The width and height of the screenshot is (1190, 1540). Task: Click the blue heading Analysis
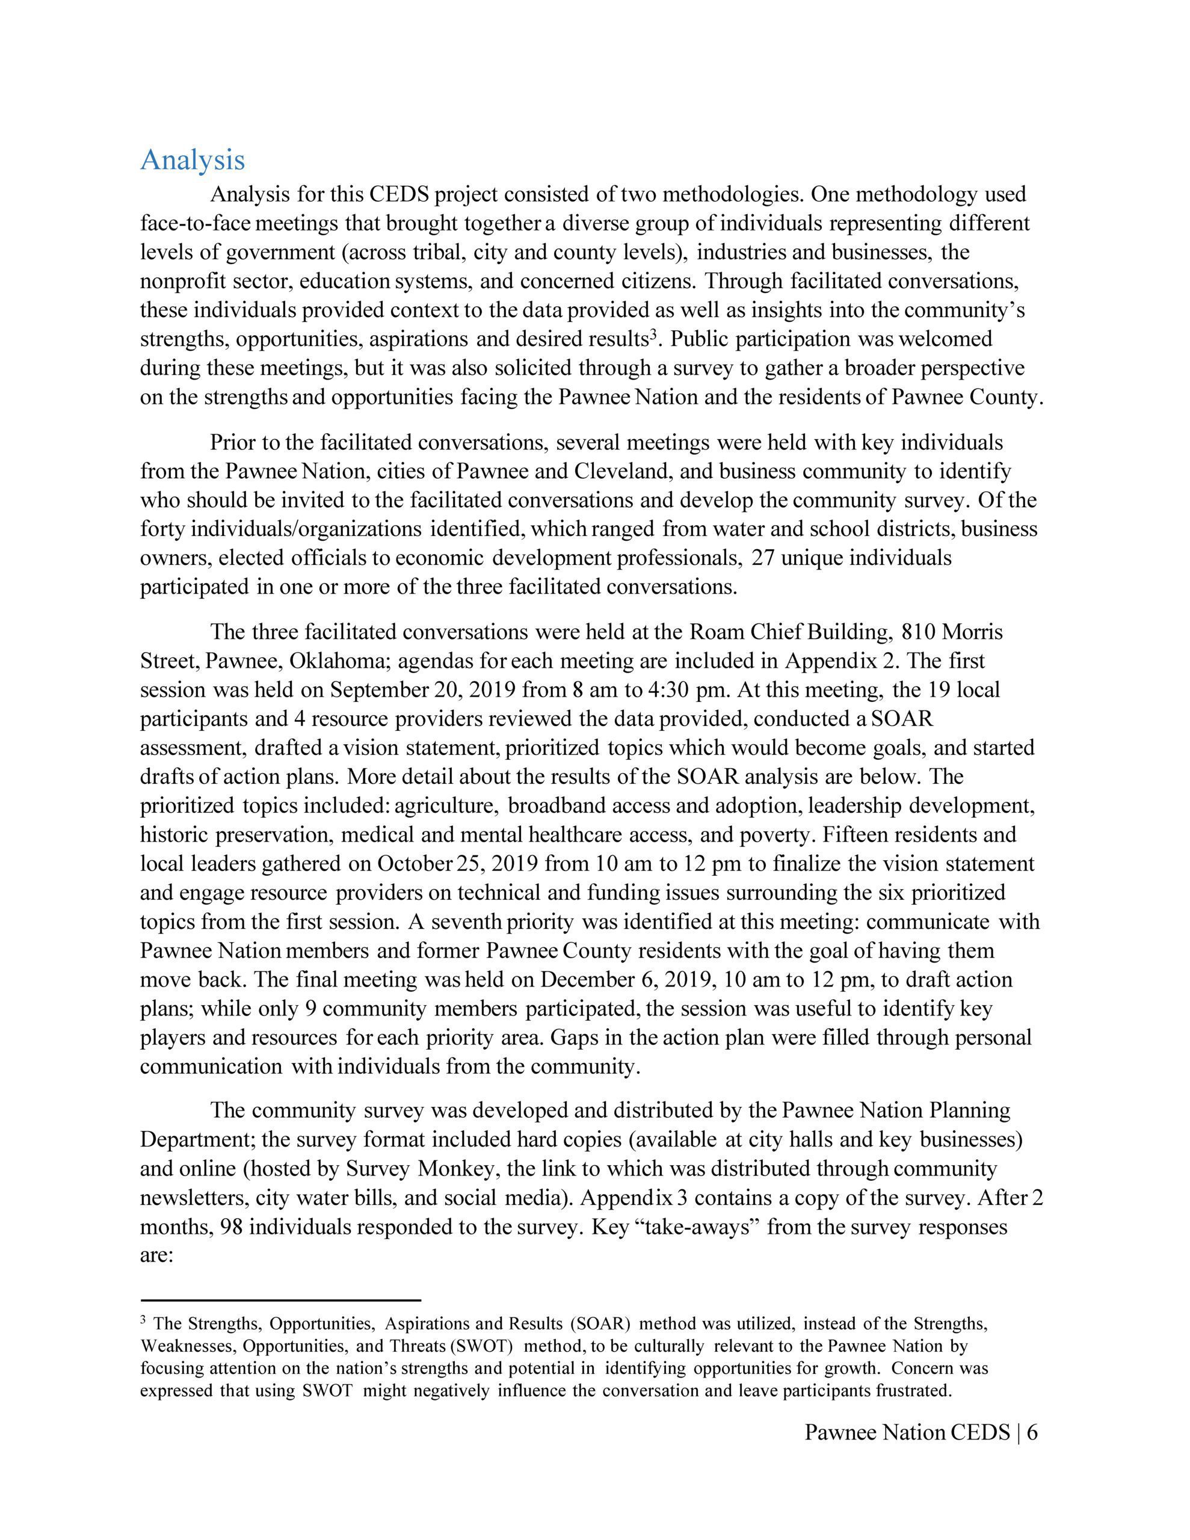pyautogui.click(x=193, y=160)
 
